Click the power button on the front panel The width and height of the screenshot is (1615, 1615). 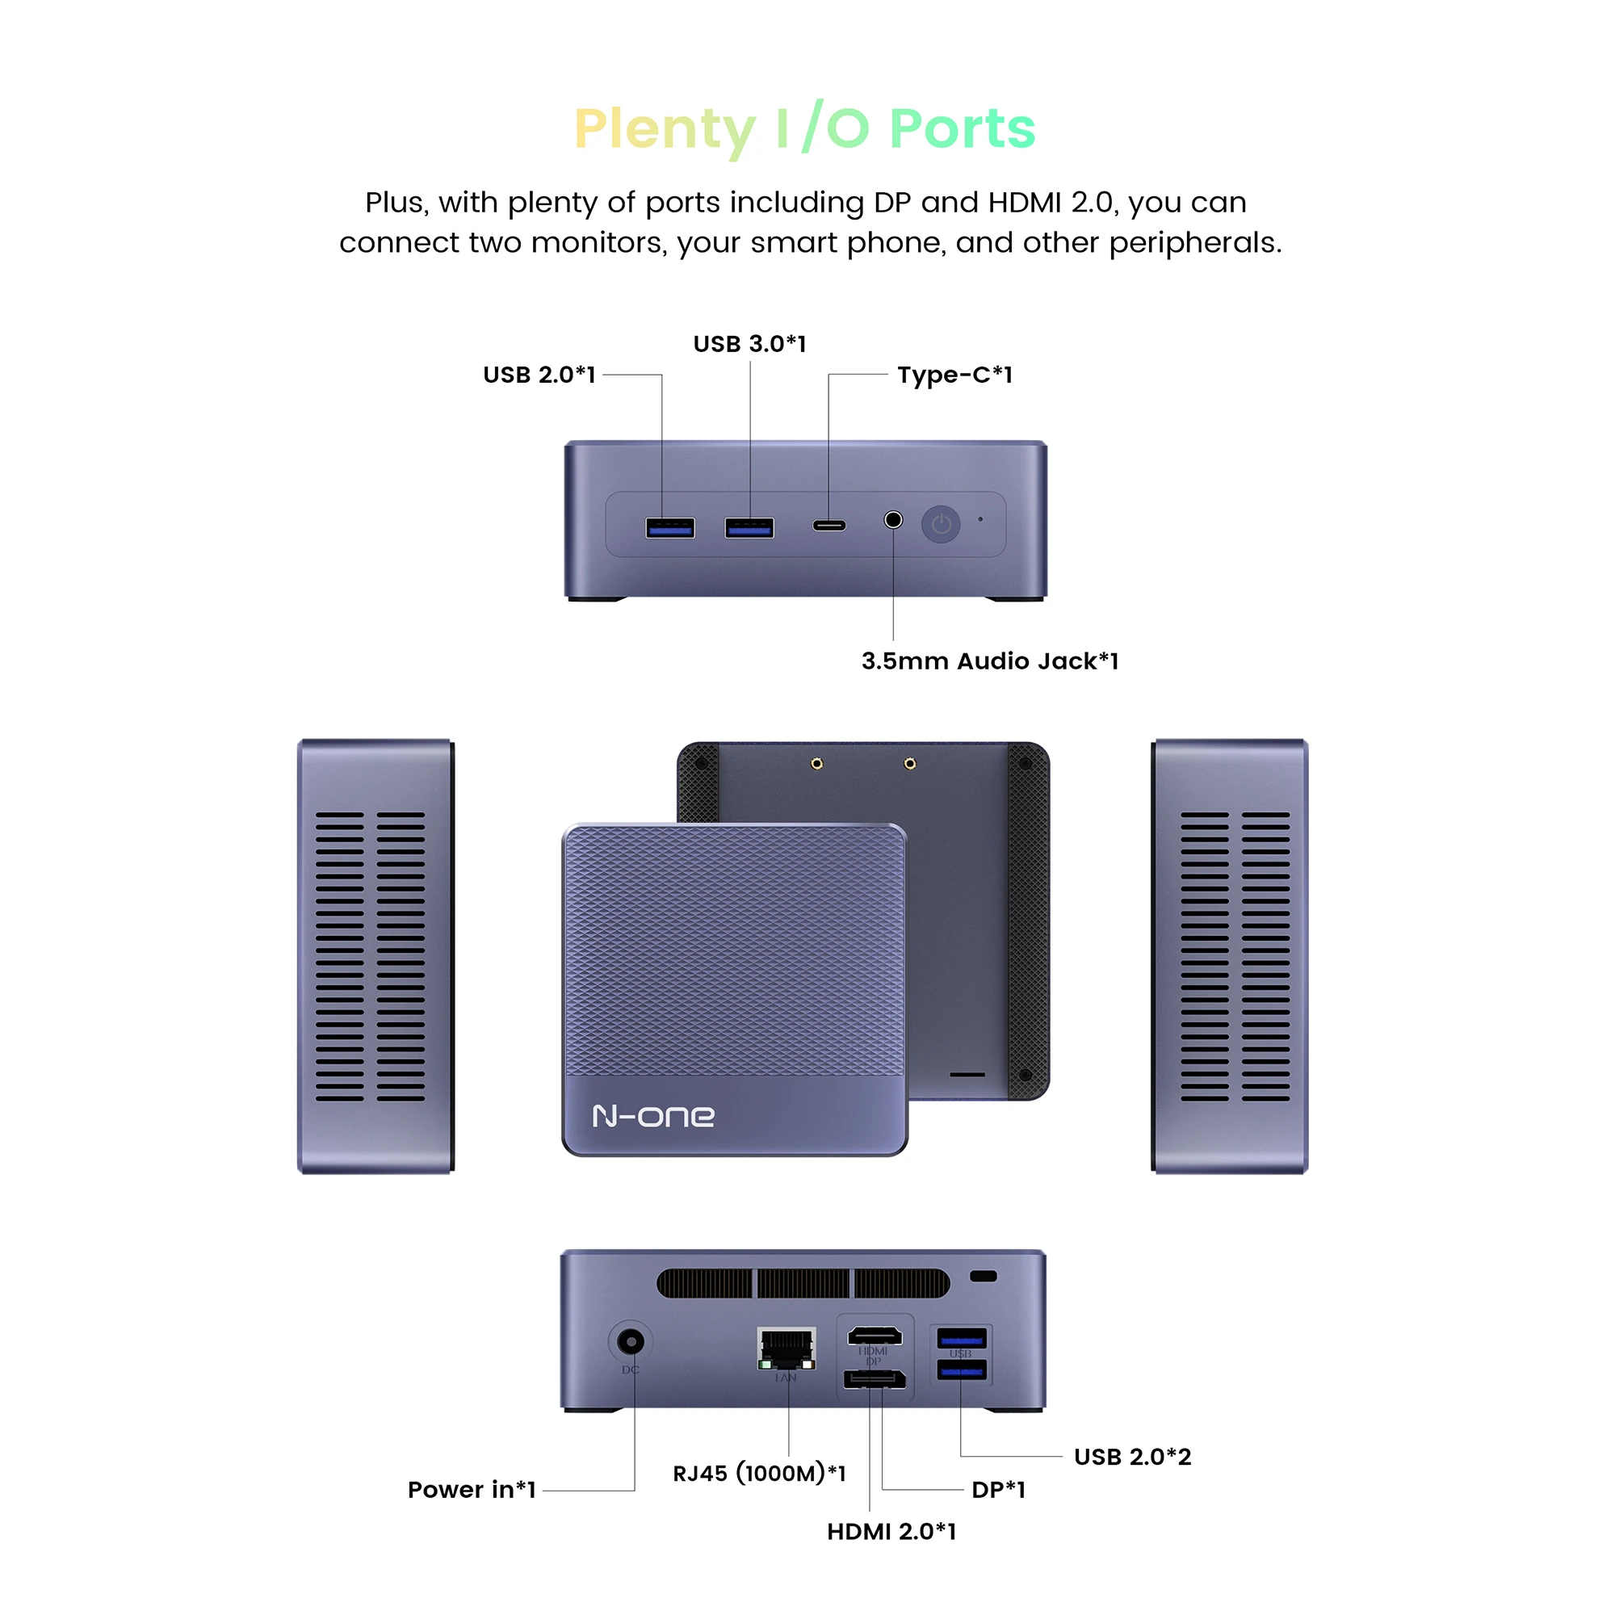coord(942,525)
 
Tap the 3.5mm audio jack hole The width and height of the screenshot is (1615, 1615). coord(893,520)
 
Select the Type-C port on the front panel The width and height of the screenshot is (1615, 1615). coord(829,526)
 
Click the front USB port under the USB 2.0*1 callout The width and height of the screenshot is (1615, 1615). coord(669,527)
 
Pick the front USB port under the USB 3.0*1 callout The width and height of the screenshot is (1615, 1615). coord(749,527)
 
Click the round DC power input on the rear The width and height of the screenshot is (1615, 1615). coord(631,1343)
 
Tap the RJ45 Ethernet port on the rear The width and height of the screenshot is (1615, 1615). coord(787,1348)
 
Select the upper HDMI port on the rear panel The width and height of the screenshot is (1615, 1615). coord(875,1336)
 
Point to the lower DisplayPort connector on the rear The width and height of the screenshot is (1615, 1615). coord(875,1378)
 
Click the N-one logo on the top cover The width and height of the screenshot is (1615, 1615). coord(652,1116)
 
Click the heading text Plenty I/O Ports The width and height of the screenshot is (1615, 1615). coord(805,128)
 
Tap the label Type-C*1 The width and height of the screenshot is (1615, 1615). coord(954,375)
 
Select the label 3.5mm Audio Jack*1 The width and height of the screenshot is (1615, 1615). coord(990,661)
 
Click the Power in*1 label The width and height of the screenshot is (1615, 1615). coord(472,1490)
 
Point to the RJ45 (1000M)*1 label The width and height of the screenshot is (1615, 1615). coord(759,1473)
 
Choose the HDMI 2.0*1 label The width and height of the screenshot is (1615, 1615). coord(891,1531)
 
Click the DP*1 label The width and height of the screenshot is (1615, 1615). coord(998,1490)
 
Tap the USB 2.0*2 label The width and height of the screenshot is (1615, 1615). coord(1132,1457)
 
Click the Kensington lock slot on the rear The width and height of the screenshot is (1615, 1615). coord(983,1277)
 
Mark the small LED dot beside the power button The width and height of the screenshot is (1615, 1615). coord(980,519)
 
